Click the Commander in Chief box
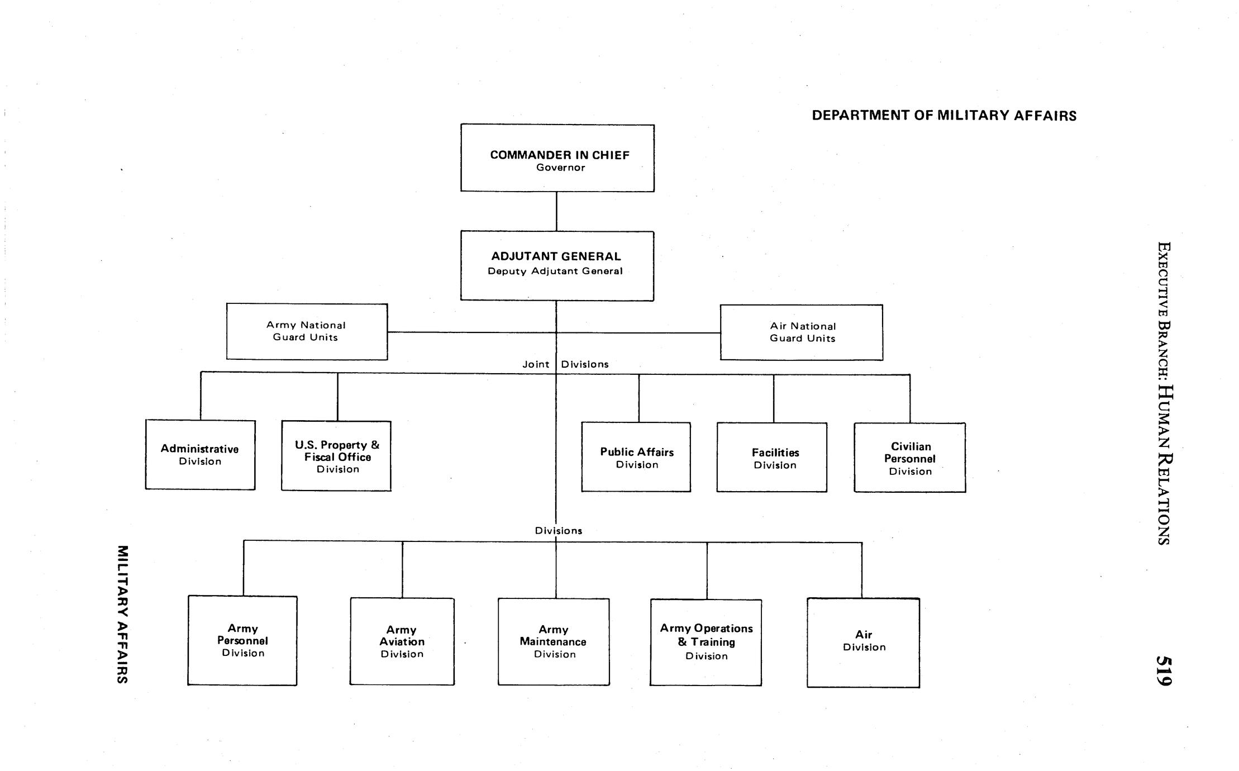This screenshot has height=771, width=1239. [557, 158]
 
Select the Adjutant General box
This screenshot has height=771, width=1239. [557, 266]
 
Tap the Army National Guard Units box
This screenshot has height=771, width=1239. [307, 332]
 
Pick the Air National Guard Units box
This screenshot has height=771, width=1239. [802, 332]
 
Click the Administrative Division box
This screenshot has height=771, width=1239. [200, 455]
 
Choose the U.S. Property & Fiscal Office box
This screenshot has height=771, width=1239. [336, 456]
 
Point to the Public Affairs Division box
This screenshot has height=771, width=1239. [636, 457]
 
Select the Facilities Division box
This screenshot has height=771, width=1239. [772, 458]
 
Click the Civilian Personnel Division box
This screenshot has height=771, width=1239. [910, 458]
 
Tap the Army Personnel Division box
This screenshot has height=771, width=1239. [242, 640]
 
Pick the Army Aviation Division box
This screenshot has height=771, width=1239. [402, 641]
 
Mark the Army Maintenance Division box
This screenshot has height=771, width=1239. [554, 641]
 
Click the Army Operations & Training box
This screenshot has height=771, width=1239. [706, 642]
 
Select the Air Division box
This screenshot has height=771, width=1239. [864, 642]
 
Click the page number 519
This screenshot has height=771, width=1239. [1164, 670]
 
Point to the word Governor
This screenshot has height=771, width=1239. [560, 168]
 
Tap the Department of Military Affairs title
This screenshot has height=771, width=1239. [944, 116]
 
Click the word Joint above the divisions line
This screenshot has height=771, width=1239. [536, 364]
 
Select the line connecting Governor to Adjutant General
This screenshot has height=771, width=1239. [556, 211]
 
